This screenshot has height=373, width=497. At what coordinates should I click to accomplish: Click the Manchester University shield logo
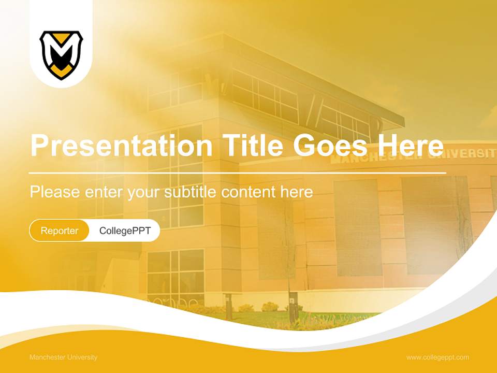tap(61, 54)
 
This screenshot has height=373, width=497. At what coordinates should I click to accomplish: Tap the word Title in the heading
tap(253, 146)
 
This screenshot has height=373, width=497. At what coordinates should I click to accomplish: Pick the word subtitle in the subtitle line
tap(191, 192)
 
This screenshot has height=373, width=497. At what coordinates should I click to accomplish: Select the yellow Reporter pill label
tap(60, 231)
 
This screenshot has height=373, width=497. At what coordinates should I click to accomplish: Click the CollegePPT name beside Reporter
tap(125, 231)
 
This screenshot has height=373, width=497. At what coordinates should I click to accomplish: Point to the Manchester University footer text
tap(63, 357)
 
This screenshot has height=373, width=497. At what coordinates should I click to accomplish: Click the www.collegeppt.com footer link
tap(437, 357)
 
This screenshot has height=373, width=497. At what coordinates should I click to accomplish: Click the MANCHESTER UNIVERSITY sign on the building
tap(414, 155)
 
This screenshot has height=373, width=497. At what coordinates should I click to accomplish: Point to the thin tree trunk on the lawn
tap(290, 290)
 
